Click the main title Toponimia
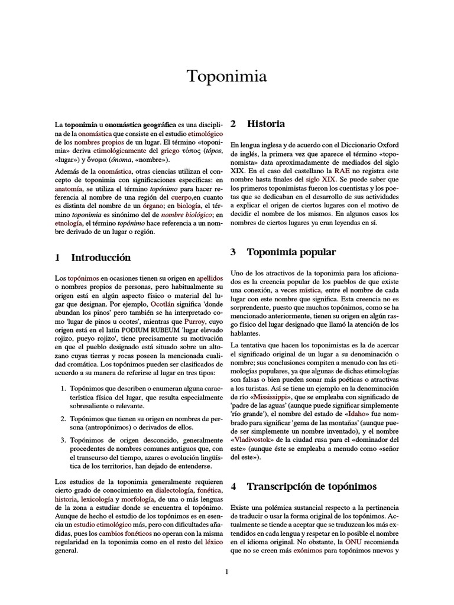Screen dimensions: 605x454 pos(227,76)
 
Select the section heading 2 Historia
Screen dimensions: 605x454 pos(258,124)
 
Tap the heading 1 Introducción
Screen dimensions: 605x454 pos(93,258)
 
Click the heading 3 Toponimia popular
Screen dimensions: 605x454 pos(283,252)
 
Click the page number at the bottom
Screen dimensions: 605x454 pos(227,571)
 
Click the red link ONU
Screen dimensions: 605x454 pos(351,542)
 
